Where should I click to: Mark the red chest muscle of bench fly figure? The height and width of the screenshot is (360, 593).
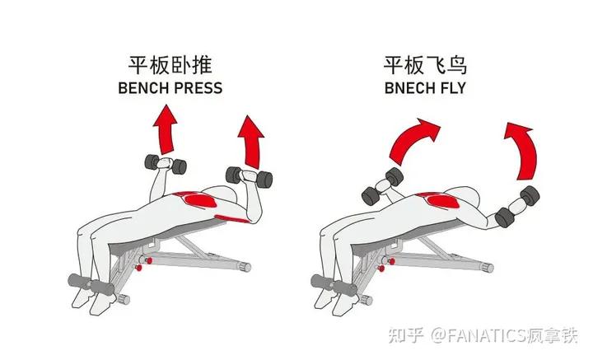437,203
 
